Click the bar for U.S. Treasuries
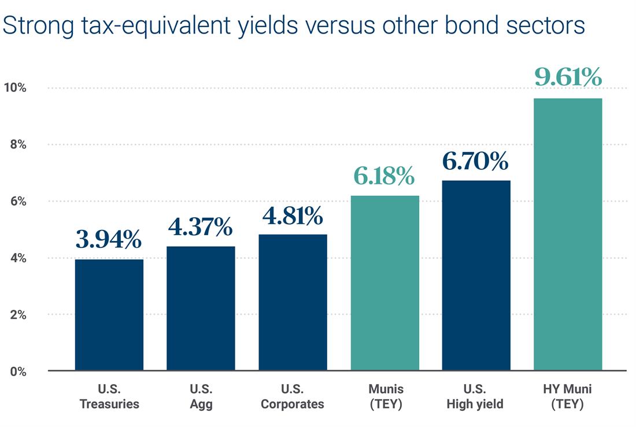[x=109, y=315]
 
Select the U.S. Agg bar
[x=201, y=308]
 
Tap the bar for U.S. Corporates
[x=293, y=302]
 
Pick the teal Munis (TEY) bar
[x=384, y=283]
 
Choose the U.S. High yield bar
[x=476, y=276]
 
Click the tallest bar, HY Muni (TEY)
[x=568, y=234]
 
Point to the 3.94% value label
[x=109, y=239]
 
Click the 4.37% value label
[x=201, y=227]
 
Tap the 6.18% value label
[x=384, y=176]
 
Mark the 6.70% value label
[x=476, y=161]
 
